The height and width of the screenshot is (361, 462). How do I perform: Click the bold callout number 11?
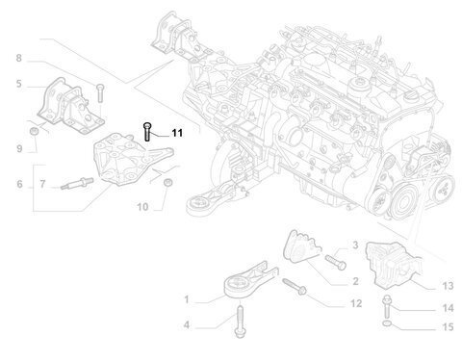pos(177,133)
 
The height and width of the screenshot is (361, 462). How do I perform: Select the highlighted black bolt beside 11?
pos(147,132)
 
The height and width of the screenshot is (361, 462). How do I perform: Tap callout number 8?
pos(19,59)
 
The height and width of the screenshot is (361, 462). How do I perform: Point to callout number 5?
pos(19,84)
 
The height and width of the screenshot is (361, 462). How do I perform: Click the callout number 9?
pos(19,149)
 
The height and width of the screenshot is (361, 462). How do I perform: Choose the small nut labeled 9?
pos(34,131)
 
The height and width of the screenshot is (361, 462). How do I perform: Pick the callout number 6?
pos(19,184)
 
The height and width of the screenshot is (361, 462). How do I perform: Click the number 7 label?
pos(42,184)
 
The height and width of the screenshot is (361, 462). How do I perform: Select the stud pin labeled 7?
pos(77,183)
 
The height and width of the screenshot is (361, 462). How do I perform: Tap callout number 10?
pos(142,207)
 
